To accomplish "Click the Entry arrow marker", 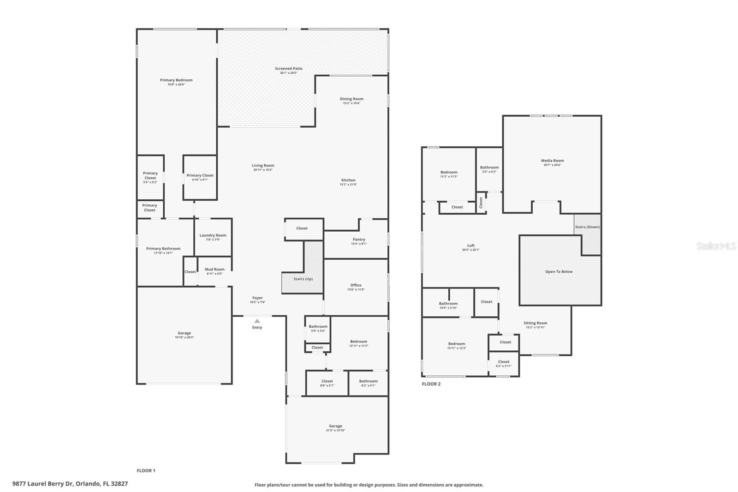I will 257,321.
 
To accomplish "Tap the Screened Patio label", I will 289,69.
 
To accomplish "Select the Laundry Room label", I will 213,235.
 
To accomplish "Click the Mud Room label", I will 214,270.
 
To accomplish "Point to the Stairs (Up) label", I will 303,279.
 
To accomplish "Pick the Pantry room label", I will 359,240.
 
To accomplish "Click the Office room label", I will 356,285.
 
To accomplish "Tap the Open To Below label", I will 559,271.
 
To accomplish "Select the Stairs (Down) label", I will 587,227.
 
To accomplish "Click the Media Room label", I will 552,161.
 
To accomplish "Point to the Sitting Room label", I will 535,323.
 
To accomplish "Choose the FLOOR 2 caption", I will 431,384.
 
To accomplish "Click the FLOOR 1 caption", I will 146,471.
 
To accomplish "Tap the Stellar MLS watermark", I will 716,246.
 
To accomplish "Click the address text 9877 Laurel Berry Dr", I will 70,484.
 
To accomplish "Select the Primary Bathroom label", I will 163,249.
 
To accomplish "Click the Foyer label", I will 257,298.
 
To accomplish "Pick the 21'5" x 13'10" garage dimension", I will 335,431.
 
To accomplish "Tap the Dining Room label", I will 351,99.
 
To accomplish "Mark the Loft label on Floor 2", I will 470,246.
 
